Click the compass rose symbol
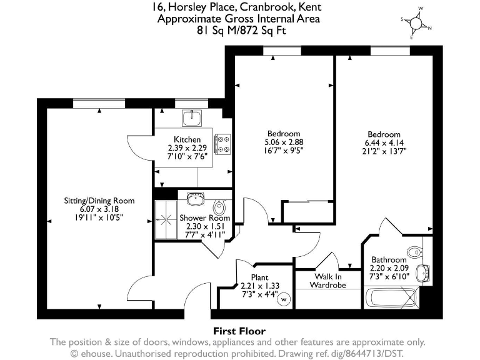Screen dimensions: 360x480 [416, 23]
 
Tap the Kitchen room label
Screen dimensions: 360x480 [187, 139]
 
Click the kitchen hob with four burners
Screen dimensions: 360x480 [222, 144]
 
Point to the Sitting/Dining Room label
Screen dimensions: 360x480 [99, 201]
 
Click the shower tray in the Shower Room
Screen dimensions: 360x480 [166, 219]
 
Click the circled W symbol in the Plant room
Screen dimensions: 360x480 [284, 299]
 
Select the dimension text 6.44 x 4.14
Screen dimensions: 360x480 [384, 143]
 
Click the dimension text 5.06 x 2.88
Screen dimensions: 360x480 [284, 142]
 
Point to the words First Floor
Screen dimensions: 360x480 [239, 331]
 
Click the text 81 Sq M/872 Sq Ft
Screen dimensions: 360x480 [239, 29]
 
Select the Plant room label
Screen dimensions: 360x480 [259, 277]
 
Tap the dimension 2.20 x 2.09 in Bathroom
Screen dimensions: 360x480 [389, 268]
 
